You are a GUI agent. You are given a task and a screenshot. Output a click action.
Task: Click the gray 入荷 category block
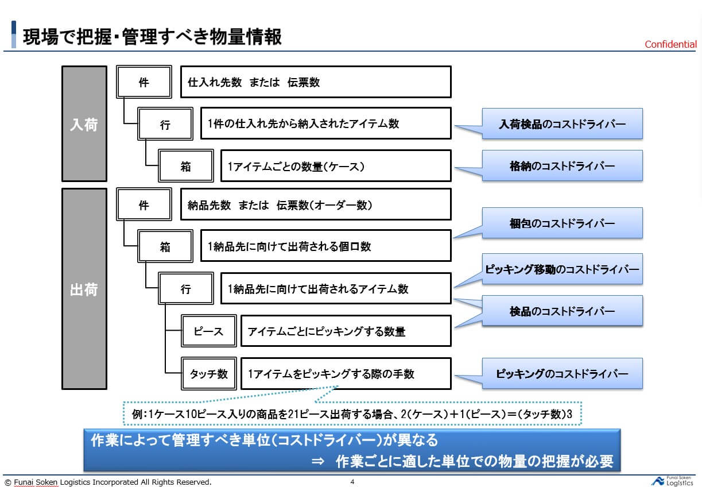click(84, 124)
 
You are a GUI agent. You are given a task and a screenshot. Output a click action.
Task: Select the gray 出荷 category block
click(84, 289)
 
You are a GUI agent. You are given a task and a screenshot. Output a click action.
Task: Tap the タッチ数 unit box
click(209, 374)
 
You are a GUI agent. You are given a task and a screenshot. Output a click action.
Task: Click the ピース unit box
click(209, 331)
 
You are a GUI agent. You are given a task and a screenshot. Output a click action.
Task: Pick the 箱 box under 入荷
click(185, 167)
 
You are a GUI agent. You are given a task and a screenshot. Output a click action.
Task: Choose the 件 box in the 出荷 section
click(144, 205)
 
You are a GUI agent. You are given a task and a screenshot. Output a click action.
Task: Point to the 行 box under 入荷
click(165, 124)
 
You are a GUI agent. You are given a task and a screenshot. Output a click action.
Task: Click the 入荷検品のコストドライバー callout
click(562, 123)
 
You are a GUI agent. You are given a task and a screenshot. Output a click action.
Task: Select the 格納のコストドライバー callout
click(562, 166)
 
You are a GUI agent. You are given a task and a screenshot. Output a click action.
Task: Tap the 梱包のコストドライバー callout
click(562, 223)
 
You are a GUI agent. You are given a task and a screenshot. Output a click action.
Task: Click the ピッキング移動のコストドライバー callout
click(562, 269)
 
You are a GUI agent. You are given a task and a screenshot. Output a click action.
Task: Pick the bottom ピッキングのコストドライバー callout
click(562, 374)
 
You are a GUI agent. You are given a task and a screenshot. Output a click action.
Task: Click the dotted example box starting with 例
click(352, 413)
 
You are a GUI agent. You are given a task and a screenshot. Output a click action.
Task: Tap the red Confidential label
click(670, 44)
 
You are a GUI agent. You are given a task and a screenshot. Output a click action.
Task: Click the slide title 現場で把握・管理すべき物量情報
click(152, 36)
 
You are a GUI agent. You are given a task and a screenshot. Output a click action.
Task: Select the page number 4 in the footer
click(352, 482)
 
